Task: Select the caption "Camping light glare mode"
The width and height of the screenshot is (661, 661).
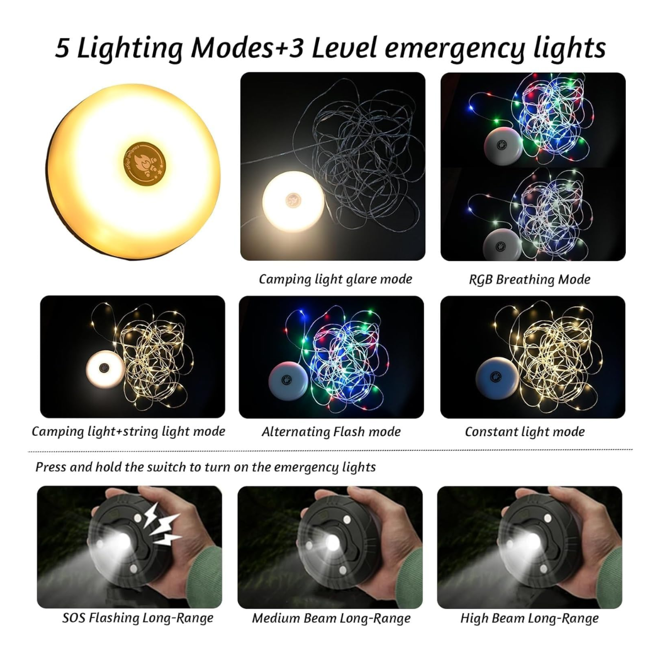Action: point(335,279)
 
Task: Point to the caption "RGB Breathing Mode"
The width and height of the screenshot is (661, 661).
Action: point(529,279)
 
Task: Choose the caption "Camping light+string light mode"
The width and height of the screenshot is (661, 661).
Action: point(128,431)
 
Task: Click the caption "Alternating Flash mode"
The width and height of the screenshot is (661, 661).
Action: point(331,432)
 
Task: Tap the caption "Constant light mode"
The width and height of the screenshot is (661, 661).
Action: point(524,432)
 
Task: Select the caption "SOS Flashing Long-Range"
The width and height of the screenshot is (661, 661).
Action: point(138,618)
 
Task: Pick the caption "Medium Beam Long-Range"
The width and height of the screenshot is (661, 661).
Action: point(331,618)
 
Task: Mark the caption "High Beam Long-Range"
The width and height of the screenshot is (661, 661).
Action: point(529,618)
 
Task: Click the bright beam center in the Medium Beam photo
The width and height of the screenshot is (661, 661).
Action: point(331,543)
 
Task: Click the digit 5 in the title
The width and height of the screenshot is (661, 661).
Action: point(62,48)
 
